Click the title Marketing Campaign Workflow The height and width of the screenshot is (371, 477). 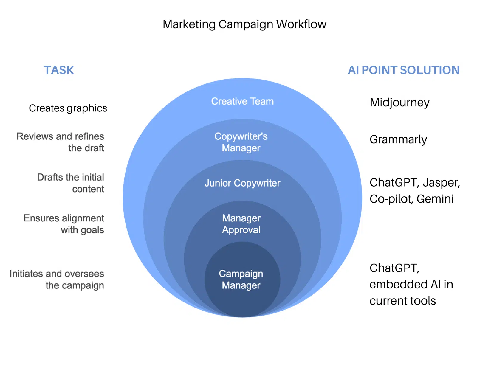pyautogui.click(x=244, y=24)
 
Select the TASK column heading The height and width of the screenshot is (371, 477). pyautogui.click(x=59, y=70)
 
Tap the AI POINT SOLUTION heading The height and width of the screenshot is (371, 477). pyautogui.click(x=404, y=70)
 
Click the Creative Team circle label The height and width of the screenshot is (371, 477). pyautogui.click(x=242, y=101)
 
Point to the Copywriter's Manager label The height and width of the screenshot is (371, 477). pyautogui.click(x=241, y=142)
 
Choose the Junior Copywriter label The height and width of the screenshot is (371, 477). pyautogui.click(x=242, y=183)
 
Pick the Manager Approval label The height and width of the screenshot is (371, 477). pyautogui.click(x=241, y=224)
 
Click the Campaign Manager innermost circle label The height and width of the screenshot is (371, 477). pyautogui.click(x=241, y=279)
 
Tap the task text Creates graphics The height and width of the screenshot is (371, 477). pyautogui.click(x=68, y=108)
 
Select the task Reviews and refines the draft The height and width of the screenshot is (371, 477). pyautogui.click(x=61, y=142)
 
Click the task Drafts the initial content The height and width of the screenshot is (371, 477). pyautogui.click(x=71, y=183)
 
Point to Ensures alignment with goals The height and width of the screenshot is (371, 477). pyautogui.click(x=64, y=224)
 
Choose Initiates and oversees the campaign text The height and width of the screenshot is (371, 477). pyautogui.click(x=57, y=279)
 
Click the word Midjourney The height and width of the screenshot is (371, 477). pyautogui.click(x=399, y=103)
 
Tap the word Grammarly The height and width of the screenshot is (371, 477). pyautogui.click(x=398, y=139)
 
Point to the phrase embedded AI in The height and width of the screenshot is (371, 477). pyautogui.click(x=411, y=284)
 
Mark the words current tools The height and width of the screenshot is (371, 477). pyautogui.click(x=402, y=301)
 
